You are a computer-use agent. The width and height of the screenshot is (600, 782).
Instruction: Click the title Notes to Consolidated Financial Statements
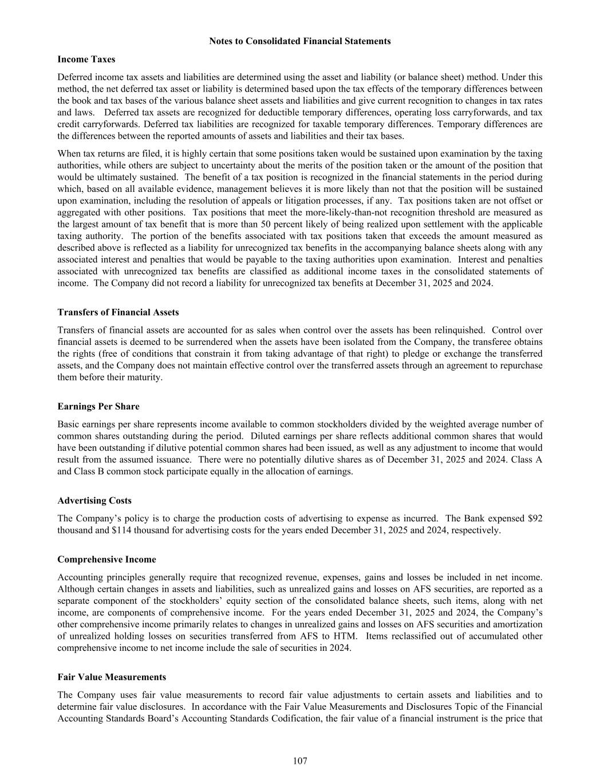(x=300, y=41)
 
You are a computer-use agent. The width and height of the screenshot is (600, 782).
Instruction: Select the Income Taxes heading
(x=86, y=59)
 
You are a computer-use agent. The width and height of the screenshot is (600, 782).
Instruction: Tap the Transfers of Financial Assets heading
(x=118, y=312)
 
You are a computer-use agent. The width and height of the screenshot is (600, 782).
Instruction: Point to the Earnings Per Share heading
(x=98, y=406)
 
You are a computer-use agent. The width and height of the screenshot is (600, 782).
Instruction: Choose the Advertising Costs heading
(x=94, y=501)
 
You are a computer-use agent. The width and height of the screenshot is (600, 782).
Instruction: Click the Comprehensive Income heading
(x=106, y=559)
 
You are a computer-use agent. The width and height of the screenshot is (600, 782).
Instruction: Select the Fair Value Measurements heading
(x=112, y=677)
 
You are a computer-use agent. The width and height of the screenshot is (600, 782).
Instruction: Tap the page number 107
(x=300, y=761)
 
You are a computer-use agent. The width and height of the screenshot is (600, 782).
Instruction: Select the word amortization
(x=519, y=624)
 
